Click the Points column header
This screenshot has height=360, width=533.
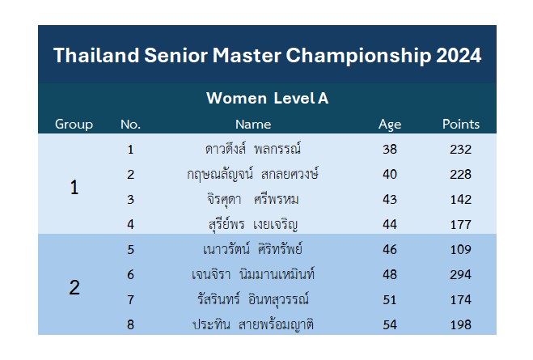[x=460, y=125]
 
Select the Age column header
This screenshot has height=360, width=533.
[x=390, y=125]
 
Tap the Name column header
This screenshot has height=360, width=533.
[x=253, y=125]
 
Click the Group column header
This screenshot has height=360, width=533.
[x=74, y=125]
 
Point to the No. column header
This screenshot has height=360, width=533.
[x=130, y=125]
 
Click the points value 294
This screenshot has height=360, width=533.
[x=460, y=275]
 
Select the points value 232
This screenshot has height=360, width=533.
[x=460, y=150]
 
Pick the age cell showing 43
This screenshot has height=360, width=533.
[x=390, y=200]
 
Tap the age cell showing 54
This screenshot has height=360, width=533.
[x=390, y=324]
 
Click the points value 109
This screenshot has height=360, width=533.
[x=460, y=249]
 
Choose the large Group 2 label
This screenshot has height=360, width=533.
[x=74, y=287]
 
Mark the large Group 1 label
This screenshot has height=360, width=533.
[x=74, y=188]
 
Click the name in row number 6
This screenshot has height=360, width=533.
[x=253, y=274]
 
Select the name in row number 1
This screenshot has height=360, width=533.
[x=253, y=149]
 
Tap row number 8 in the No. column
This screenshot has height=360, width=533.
[x=130, y=324]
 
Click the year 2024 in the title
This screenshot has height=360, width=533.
[x=459, y=55]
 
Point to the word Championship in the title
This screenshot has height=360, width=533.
[x=358, y=56]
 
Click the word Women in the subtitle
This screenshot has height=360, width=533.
[x=237, y=99]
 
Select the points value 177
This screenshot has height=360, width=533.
[x=460, y=225]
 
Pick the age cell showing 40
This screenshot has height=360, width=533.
[x=390, y=175]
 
